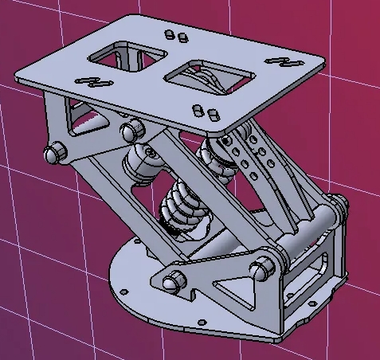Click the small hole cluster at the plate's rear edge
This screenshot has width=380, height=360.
[x=176, y=35]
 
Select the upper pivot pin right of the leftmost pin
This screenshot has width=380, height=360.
[x=129, y=130]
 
